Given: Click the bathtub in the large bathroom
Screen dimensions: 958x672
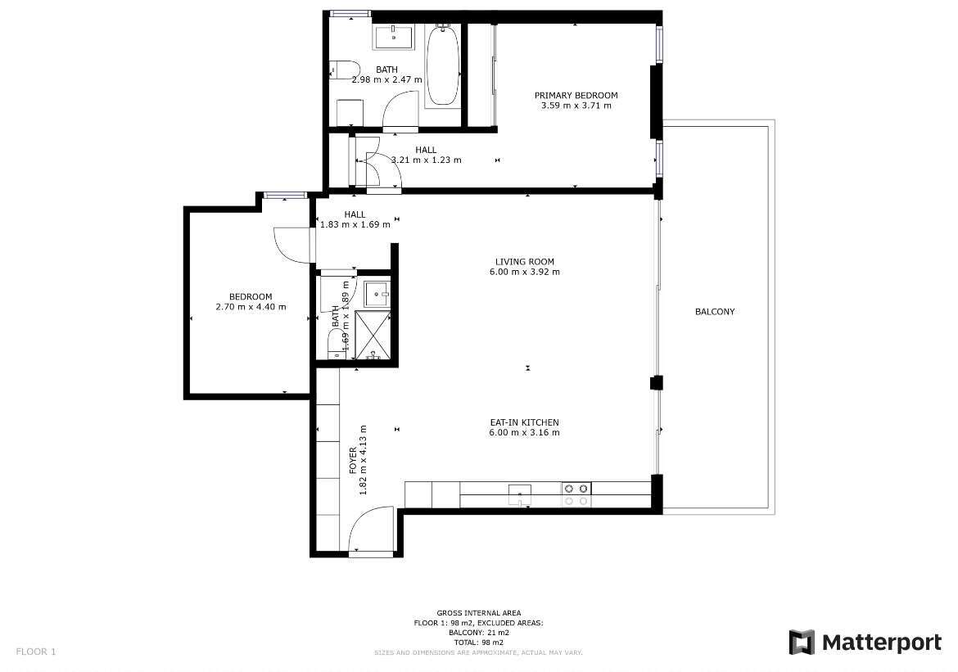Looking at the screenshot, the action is point(442,65).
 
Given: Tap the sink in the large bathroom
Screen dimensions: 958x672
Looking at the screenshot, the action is point(394,38).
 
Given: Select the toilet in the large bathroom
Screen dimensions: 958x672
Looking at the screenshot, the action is point(341,70).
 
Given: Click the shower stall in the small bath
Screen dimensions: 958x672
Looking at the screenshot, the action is point(373,335).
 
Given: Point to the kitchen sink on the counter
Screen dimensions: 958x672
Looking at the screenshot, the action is point(519,494).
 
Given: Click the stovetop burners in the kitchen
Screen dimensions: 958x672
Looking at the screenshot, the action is point(576,494).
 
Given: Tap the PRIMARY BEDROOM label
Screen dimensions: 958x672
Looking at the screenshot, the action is point(576,95).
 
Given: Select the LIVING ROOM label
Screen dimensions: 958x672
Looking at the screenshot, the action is point(525,261).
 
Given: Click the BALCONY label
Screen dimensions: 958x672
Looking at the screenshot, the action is point(715,312).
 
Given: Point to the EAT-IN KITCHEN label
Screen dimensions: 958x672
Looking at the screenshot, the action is point(524,422).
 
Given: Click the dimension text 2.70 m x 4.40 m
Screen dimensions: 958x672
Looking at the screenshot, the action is point(251,307).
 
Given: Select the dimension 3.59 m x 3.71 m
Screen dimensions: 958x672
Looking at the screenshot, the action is point(576,105).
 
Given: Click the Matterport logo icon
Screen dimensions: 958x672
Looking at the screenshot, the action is point(802,642).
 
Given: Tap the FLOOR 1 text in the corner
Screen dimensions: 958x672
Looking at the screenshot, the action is point(36,652).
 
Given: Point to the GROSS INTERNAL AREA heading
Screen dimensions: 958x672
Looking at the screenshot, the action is point(479,613).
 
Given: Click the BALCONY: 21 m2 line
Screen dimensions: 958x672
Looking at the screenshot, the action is point(479,633).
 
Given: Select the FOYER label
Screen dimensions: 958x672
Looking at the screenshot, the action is point(353,462).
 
